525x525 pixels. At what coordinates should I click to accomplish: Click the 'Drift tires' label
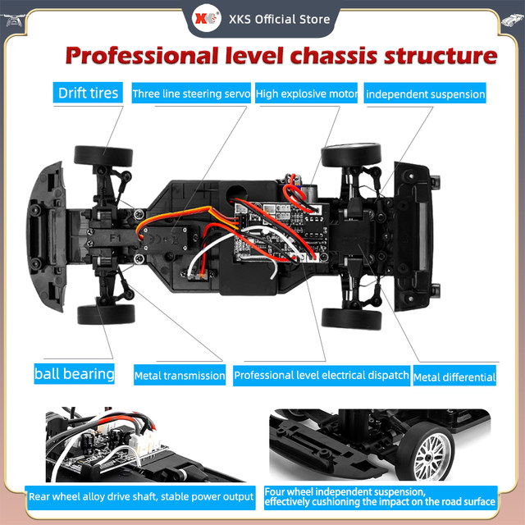[88, 92]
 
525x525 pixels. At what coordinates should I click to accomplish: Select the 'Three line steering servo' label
[191, 94]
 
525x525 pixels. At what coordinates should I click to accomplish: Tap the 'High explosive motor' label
[307, 94]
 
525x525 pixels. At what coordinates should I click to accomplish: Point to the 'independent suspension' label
[425, 94]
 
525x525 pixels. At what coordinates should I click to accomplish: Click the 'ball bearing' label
[75, 373]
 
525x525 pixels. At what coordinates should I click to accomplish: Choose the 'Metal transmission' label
[180, 376]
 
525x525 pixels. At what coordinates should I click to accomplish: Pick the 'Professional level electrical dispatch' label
[321, 375]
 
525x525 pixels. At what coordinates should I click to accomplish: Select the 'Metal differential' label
[454, 377]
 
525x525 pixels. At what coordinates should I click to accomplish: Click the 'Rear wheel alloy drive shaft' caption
[140, 495]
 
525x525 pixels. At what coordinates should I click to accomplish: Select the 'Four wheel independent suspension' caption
[381, 495]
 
